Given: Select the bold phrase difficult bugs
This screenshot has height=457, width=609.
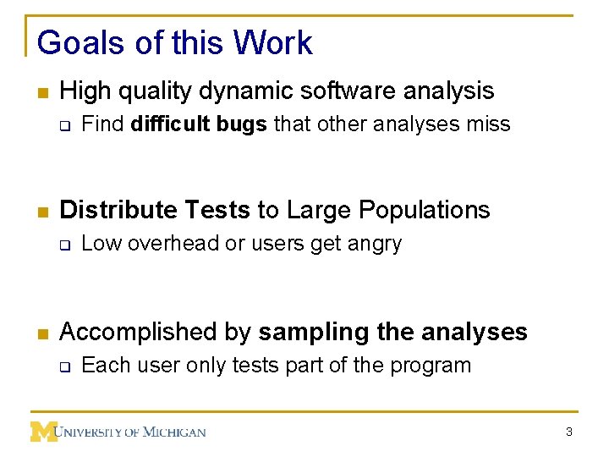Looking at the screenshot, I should [200, 124].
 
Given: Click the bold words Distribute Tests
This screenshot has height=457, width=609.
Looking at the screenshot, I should [155, 210].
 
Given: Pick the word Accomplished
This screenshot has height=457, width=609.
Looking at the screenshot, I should [133, 332].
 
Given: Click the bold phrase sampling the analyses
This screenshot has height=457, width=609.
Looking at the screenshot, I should [392, 332].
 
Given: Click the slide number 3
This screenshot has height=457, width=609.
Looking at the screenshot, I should [569, 432].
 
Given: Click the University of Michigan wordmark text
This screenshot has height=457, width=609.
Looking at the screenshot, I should [131, 432].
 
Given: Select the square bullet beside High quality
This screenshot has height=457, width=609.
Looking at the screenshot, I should [41, 91].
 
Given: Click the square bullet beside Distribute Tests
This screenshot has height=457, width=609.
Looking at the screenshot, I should [41, 211].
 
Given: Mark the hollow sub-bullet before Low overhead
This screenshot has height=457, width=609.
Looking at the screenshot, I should [64, 245].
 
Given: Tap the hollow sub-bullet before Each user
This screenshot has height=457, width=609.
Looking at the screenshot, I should [64, 366].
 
